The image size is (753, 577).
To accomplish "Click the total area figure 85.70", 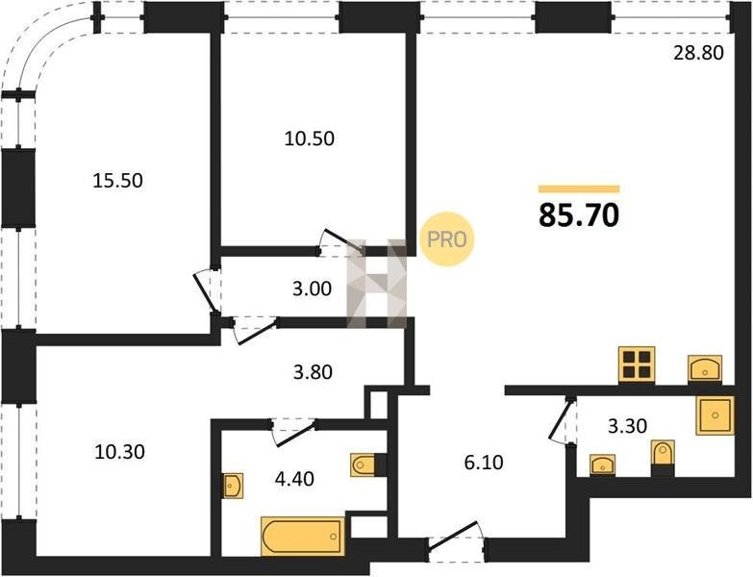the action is pos(579,215).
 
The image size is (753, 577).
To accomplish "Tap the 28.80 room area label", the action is pos(698,53).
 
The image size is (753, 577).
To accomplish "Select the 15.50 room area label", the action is pos(117,181).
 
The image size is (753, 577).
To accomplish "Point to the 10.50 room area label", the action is pos(310,138).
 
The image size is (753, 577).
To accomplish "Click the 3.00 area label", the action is pos(313,288).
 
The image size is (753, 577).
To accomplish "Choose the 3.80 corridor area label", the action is pos(314,372).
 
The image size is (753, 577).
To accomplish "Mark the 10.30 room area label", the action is pos(119,452).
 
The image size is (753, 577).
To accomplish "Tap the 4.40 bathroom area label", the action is pos(294,479).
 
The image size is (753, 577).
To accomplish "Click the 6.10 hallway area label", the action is pos(484,463).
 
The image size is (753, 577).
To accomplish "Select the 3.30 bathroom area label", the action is pos(627,426).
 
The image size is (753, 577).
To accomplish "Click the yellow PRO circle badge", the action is pos(447,239).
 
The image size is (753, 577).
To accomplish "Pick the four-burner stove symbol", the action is pos(637,364).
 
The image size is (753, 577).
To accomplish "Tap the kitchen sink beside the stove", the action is pos(705,368).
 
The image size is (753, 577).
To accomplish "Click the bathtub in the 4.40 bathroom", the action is pos(303,537).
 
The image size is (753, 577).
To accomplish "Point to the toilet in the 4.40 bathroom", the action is pos(364,464).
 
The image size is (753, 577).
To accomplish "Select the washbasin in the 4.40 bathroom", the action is pos(233,486).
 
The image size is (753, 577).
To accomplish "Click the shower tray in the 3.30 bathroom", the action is pos(715,415).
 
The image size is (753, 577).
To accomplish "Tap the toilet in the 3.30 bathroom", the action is pos(663,453).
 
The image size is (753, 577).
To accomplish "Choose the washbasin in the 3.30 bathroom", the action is pos(602,464).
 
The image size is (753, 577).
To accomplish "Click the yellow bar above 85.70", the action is pos(579,188).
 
